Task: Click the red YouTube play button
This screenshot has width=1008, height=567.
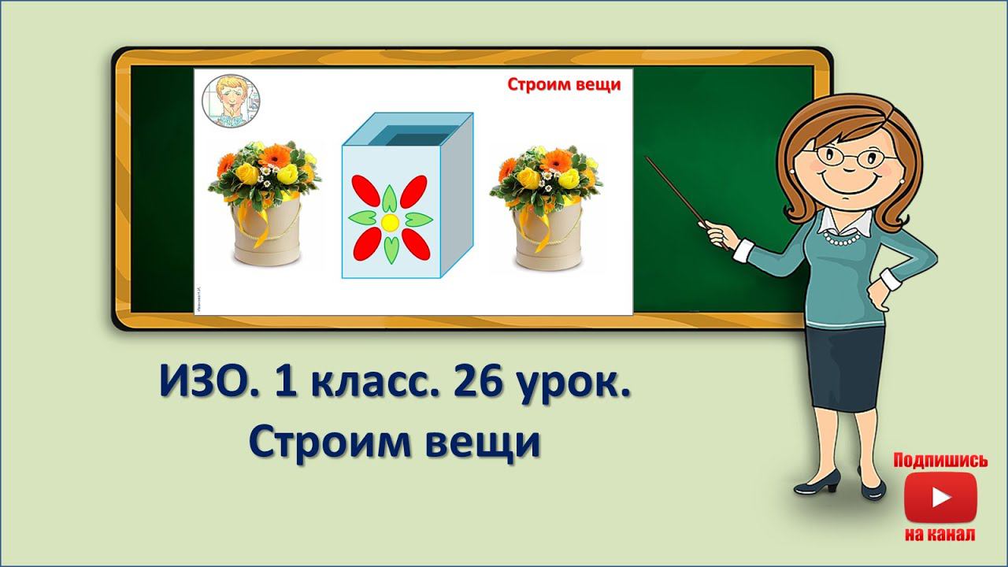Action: (x=940, y=497)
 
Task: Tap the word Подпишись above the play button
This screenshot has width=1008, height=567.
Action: (x=940, y=461)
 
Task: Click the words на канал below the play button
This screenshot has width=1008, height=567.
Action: (x=940, y=535)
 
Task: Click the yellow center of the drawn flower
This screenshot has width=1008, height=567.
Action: (x=390, y=222)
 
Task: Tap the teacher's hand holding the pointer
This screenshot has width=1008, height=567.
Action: (x=717, y=233)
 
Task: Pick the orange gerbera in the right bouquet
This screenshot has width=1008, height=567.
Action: (x=554, y=158)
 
